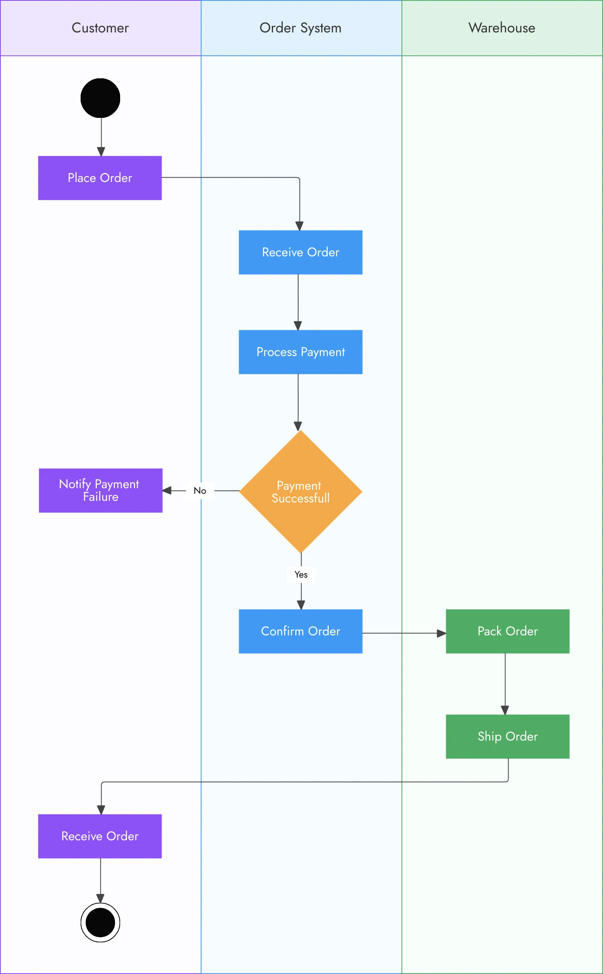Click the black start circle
point(100,98)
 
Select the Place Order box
point(100,178)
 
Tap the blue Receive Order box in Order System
point(300,252)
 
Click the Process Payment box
point(300,352)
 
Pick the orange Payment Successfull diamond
point(300,491)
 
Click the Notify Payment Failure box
point(100,490)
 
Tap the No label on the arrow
point(200,491)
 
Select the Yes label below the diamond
point(301,574)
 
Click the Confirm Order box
point(300,631)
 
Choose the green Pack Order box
point(507,631)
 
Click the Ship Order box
point(507,736)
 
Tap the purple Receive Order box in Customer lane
point(100,836)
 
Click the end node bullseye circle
point(100,922)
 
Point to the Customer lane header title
point(100,28)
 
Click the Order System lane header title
point(300,28)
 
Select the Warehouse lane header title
point(502,28)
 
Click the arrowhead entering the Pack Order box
point(441,633)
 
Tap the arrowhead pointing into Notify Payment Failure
point(167,491)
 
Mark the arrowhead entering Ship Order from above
point(505,710)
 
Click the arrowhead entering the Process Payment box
point(298,326)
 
